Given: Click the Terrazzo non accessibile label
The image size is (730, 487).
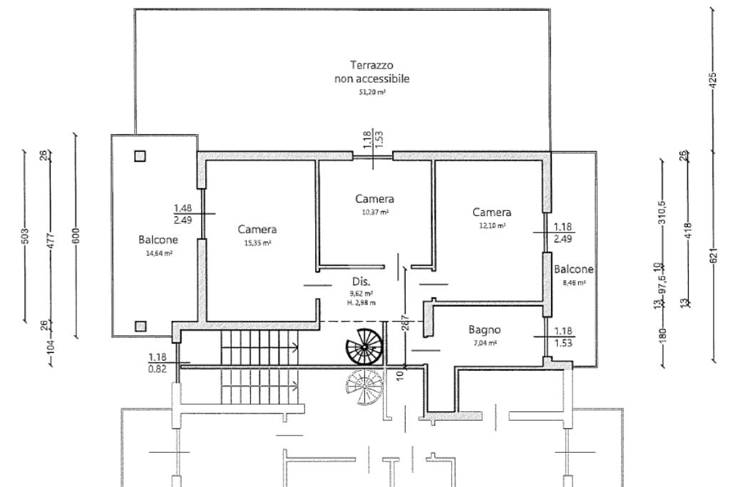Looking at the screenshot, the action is pyautogui.click(x=371, y=72).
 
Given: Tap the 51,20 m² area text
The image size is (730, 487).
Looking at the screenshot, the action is pyautogui.click(x=371, y=93).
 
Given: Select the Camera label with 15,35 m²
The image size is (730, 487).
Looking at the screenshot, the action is pyautogui.click(x=257, y=230).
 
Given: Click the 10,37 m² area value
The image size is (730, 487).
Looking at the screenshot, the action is pyautogui.click(x=374, y=212).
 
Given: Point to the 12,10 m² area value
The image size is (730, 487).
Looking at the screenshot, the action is pyautogui.click(x=492, y=225).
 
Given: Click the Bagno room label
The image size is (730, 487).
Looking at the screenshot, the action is pyautogui.click(x=485, y=330).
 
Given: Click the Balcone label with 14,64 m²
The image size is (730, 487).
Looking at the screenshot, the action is pyautogui.click(x=158, y=240).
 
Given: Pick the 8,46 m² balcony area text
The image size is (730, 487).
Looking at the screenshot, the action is pyautogui.click(x=574, y=282).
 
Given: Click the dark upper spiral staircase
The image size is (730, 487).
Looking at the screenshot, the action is pyautogui.click(x=364, y=348).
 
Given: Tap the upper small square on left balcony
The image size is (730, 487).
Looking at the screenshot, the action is pyautogui.click(x=140, y=156).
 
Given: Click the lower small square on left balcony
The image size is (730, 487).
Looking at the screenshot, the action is pyautogui.click(x=140, y=326).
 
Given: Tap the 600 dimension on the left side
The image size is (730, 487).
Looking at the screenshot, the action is pyautogui.click(x=76, y=235).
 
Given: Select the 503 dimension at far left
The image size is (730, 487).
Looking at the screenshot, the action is pyautogui.click(x=24, y=235).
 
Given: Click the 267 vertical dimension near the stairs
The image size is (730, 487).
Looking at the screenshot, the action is pyautogui.click(x=404, y=324).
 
